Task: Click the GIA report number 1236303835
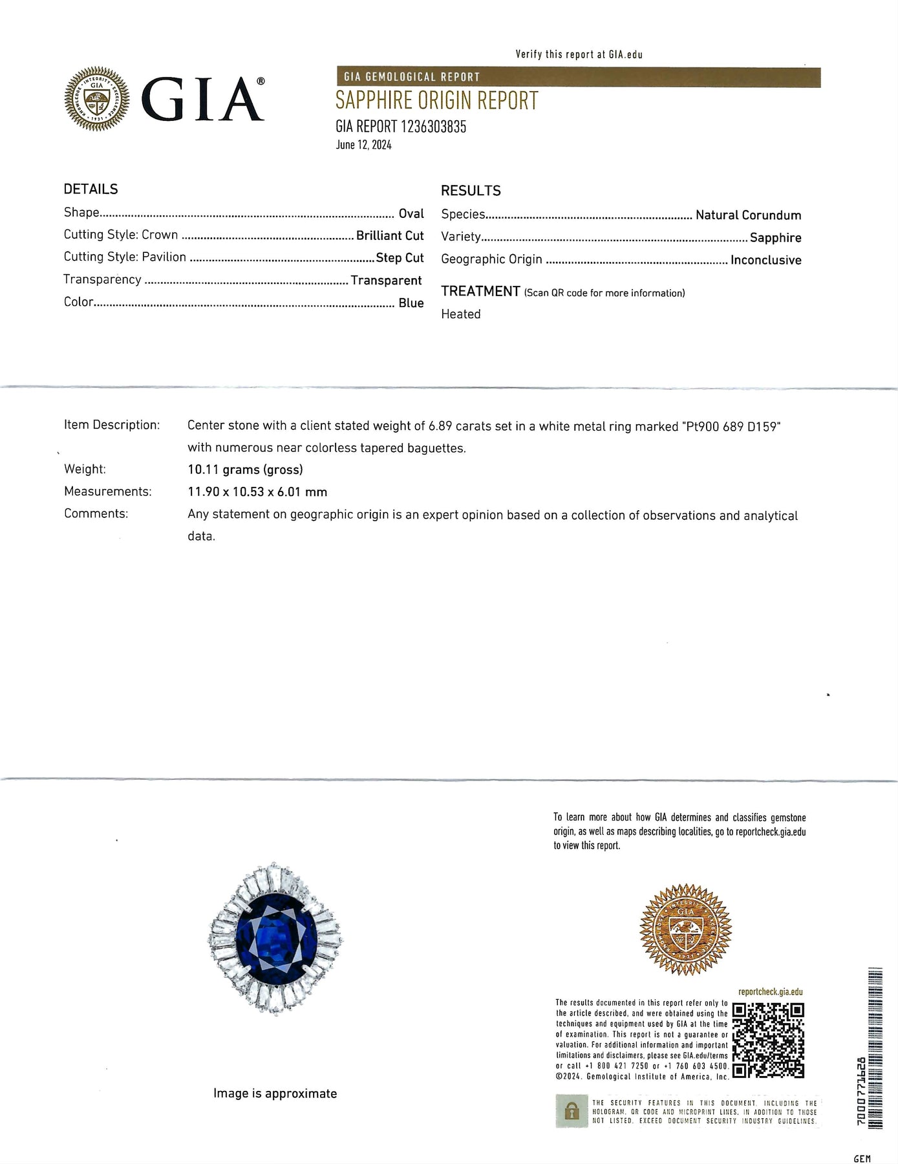400,127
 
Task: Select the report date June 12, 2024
363,145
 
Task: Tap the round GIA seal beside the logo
97,100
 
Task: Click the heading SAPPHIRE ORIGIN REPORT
436,101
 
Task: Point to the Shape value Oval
411,213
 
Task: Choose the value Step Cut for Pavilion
400,257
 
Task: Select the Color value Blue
411,303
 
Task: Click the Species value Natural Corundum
748,215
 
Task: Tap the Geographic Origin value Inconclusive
765,260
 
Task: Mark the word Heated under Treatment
461,314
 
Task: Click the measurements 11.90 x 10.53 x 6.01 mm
257,492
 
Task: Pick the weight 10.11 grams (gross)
245,469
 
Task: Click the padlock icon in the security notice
571,1112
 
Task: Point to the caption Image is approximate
275,1094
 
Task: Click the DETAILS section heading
91,189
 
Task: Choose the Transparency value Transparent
386,281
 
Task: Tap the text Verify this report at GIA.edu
579,54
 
